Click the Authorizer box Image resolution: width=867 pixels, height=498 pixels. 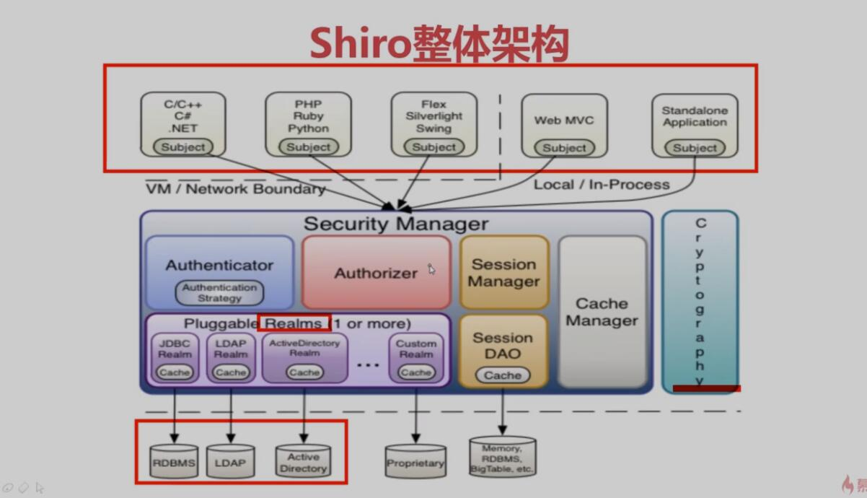(376, 273)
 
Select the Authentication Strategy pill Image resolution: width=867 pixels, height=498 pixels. (220, 293)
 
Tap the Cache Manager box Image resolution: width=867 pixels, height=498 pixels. (602, 312)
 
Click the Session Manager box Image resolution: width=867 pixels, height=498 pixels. (503, 273)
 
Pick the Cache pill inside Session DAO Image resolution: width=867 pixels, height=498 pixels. (503, 375)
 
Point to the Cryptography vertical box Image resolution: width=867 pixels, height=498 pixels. (700, 301)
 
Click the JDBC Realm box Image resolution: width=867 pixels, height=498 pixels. (175, 357)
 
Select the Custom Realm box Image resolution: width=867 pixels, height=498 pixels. (416, 357)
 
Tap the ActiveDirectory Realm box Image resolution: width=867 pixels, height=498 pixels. (304, 357)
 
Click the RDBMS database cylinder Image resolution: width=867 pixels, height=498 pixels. (174, 463)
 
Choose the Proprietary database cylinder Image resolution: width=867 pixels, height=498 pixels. (415, 463)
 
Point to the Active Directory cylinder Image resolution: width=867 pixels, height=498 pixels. (303, 462)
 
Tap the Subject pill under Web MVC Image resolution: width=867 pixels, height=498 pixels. (565, 148)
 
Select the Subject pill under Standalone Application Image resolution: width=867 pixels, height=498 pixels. (695, 148)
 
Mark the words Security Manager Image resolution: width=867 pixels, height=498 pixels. (396, 224)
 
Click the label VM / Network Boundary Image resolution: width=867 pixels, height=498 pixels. (236, 189)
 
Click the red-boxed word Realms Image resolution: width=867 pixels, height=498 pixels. (293, 323)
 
